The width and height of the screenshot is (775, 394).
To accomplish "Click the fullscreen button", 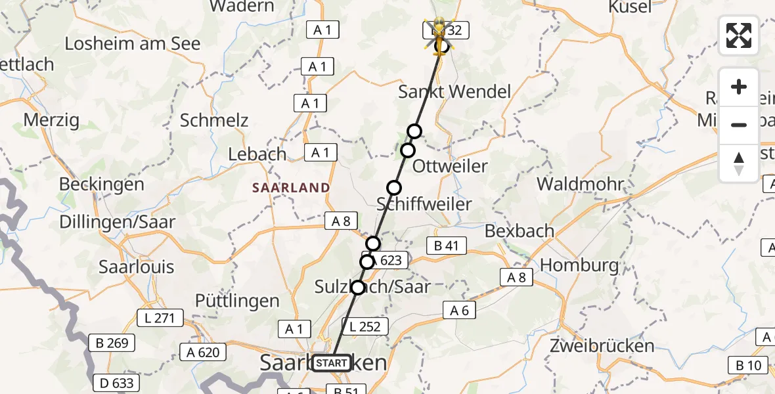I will (739, 35).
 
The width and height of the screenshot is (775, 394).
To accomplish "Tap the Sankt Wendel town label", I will (454, 91).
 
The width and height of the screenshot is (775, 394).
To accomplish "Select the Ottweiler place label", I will (450, 166).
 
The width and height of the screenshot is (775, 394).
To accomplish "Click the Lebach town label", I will (257, 154).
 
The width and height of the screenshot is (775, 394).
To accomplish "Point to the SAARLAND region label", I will (291, 188).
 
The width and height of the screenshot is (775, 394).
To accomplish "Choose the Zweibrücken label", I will (602, 345).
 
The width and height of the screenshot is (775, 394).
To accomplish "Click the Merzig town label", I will (51, 120).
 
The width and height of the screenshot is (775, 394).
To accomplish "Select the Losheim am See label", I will (133, 44).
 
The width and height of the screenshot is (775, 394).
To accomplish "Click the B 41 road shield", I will (446, 246).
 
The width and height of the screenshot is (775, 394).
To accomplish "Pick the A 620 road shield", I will (202, 352).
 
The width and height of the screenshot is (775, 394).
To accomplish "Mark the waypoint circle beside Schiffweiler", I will (393, 188).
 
